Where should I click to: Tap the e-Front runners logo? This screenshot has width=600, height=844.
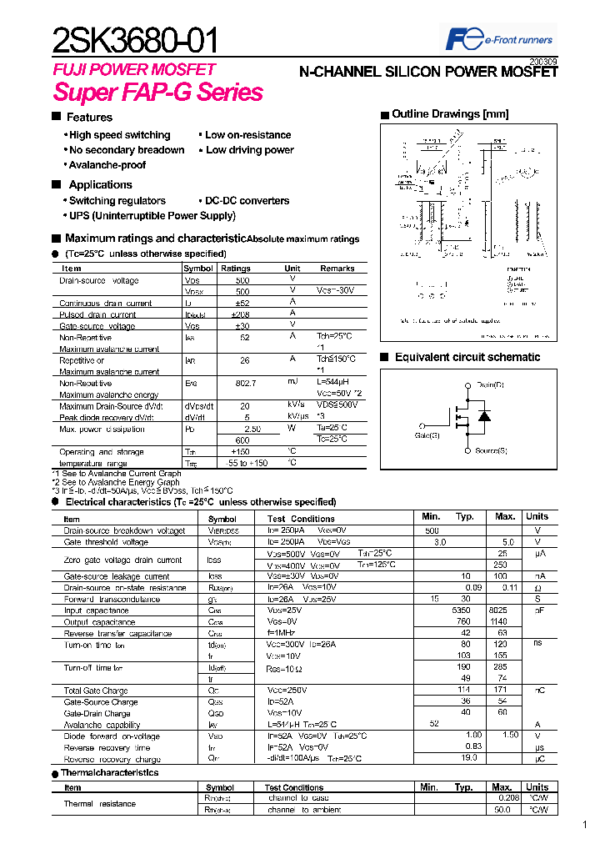[499, 39]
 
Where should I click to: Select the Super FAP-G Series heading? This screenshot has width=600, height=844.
[157, 93]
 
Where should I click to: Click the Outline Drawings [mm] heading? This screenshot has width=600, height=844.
[450, 114]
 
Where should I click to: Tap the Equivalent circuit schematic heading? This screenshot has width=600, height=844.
[467, 357]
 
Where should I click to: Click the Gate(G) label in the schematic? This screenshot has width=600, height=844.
[427, 435]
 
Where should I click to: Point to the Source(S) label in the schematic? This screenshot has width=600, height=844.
[491, 450]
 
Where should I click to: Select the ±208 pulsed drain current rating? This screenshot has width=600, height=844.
[242, 314]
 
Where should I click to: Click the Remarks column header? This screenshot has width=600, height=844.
[337, 269]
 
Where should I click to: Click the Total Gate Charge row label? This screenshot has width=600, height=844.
[96, 691]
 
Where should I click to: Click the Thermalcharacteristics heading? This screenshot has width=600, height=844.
[109, 772]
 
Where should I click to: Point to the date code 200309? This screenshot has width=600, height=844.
[543, 62]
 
